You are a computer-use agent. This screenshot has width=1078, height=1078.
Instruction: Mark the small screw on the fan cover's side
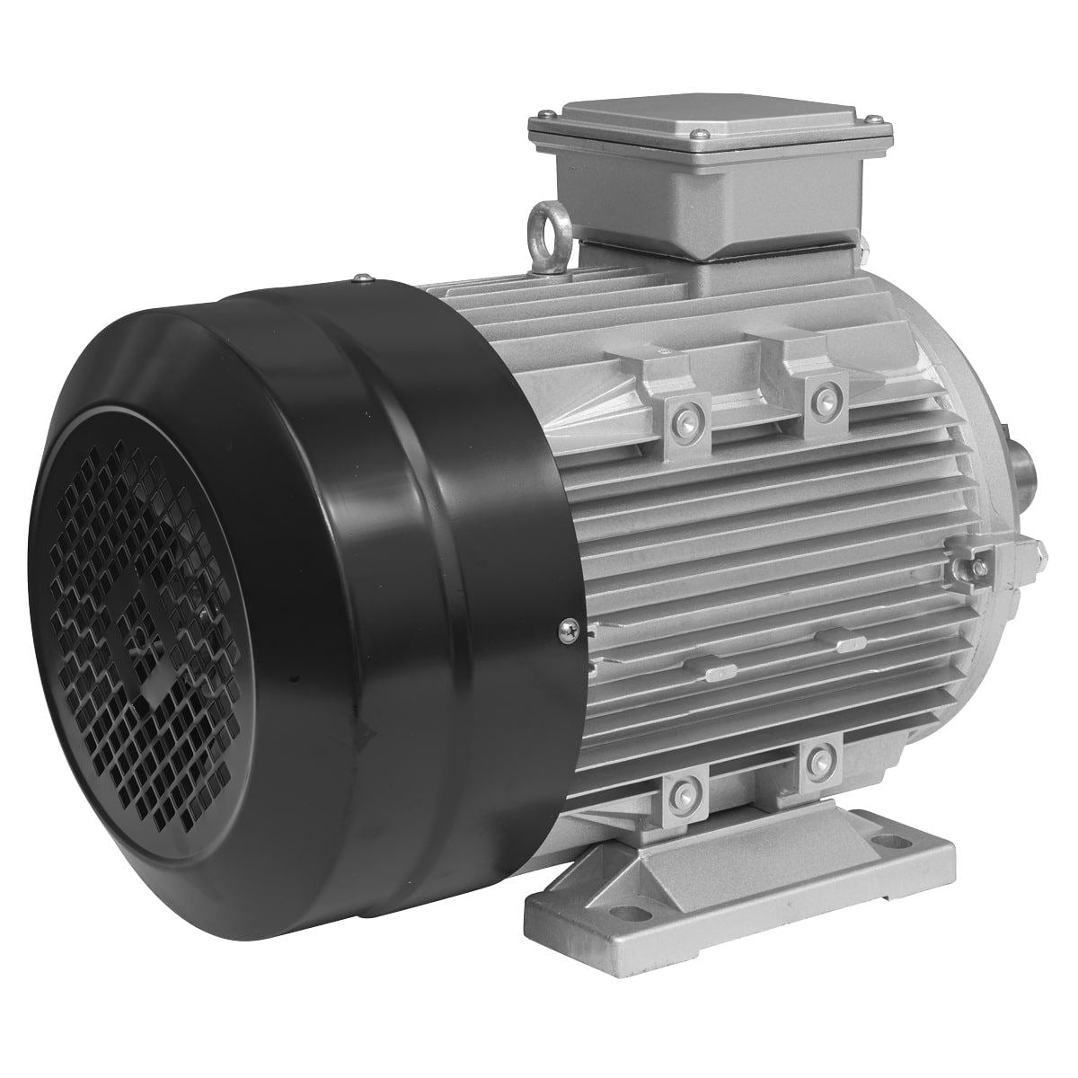click(x=567, y=632)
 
